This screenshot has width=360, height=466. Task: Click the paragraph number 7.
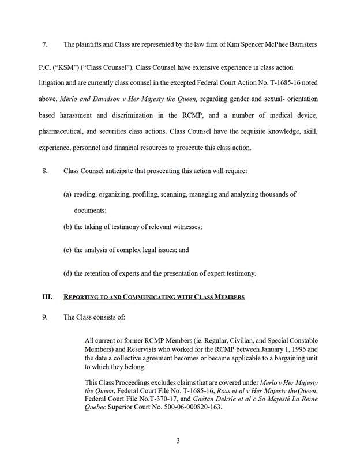44,44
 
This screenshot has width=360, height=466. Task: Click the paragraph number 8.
44,171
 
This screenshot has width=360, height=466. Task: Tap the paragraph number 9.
44,317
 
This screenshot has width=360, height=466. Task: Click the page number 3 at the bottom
178,441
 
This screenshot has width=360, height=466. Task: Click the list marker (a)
67,194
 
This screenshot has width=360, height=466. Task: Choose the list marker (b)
67,227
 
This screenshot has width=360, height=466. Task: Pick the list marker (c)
67,250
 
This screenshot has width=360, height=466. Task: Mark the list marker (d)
67,273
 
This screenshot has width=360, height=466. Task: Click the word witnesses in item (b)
185,227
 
